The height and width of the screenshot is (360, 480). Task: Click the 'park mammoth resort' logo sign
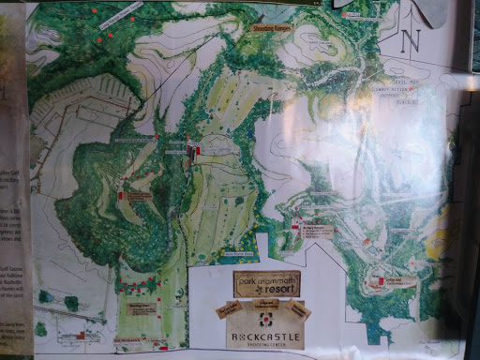pos(266,284)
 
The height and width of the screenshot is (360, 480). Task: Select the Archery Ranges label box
pos(318,228)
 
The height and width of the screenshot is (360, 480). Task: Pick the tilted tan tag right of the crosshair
pos(299,309)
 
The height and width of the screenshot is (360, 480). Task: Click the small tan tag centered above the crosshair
pos(265,304)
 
